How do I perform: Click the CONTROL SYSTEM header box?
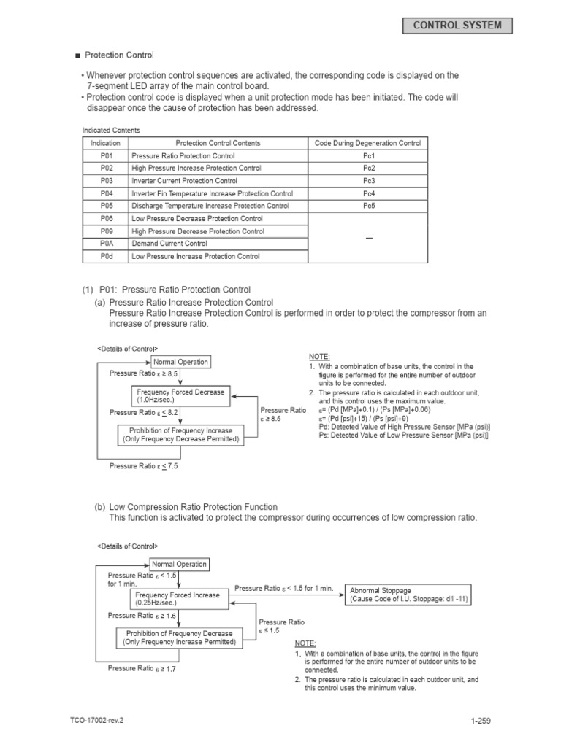click(x=457, y=26)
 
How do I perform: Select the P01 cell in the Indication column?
click(x=107, y=156)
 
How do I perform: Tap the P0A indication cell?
click(x=107, y=244)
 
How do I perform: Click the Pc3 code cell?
click(x=368, y=181)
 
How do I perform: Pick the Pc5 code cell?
click(x=368, y=206)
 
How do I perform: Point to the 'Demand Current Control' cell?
click(x=218, y=244)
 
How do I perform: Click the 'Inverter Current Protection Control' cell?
click(x=218, y=181)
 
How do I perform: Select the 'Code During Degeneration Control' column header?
click(x=368, y=143)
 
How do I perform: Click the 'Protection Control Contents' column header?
click(x=218, y=143)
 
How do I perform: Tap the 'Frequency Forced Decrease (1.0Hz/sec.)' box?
click(x=180, y=396)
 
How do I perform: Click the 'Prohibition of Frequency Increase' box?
click(x=179, y=435)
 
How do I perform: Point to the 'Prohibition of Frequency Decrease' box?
click(x=179, y=638)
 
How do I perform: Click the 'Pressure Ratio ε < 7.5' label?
click(x=144, y=465)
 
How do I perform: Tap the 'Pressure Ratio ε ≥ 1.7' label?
click(x=142, y=667)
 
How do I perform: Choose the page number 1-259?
click(x=481, y=721)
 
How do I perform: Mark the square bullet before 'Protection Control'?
click(x=77, y=55)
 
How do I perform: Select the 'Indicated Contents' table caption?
click(x=111, y=130)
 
